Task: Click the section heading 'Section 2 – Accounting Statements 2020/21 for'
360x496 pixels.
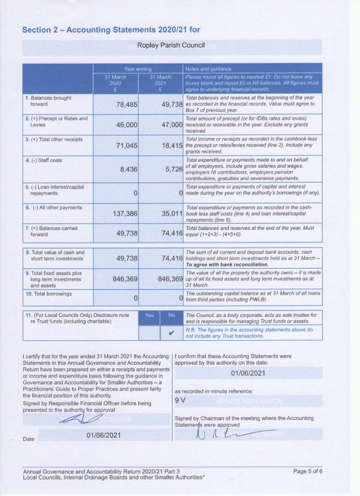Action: click(111, 30)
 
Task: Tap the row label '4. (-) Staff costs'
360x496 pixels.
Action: click(44, 160)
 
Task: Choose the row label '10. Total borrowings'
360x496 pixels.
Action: click(48, 294)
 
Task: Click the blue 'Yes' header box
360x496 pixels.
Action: click(149, 315)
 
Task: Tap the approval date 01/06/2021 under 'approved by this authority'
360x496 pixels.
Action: click(248, 373)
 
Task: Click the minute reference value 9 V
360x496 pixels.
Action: click(180, 401)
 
